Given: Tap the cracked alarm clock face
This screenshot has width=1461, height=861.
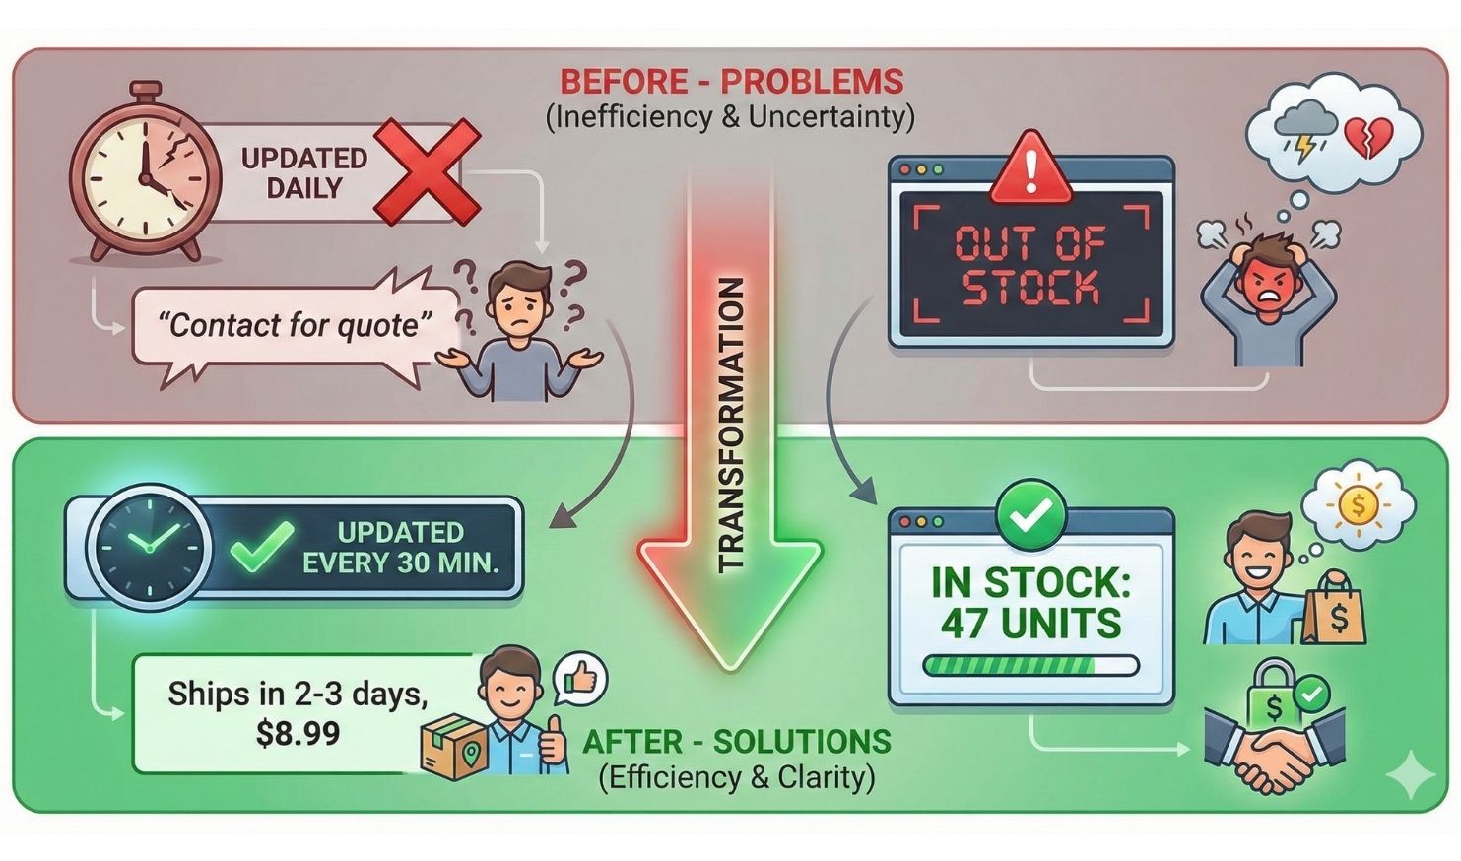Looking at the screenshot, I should (x=146, y=174).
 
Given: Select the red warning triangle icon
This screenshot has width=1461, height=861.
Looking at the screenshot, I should (x=1030, y=168).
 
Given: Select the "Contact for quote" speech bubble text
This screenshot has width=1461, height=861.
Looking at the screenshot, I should (x=296, y=324).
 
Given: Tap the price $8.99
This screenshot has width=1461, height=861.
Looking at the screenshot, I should (x=298, y=733).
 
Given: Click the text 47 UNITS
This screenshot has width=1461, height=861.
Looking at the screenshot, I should (x=1030, y=624).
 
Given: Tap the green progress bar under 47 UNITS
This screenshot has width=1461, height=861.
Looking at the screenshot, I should (x=1030, y=666).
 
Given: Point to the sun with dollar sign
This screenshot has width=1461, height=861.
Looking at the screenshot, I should (x=1359, y=506).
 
